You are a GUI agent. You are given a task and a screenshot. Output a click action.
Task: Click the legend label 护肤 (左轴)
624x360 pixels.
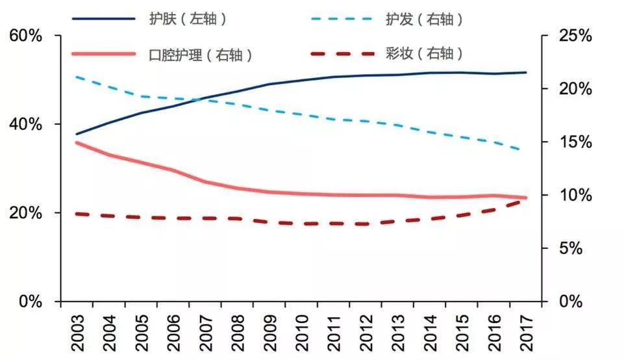tap(187, 19)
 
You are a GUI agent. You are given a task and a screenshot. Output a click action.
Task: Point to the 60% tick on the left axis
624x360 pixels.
tap(26, 36)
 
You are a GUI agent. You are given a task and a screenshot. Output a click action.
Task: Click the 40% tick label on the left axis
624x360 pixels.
tap(26, 124)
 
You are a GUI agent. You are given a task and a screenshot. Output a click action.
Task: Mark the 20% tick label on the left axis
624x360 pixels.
tap(26, 213)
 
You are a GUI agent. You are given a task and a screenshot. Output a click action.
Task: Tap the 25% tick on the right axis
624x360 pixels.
tap(575, 36)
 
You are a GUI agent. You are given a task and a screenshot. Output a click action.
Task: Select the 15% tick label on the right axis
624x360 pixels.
tap(575, 142)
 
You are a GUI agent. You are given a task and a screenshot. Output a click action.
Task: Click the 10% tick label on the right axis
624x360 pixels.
tap(575, 196)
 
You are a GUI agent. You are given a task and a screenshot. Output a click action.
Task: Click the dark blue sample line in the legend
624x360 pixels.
tap(103, 19)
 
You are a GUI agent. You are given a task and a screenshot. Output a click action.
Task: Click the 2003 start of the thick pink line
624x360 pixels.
tap(77, 142)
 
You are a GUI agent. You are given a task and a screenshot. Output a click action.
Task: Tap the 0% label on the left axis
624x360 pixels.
tap(30, 302)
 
